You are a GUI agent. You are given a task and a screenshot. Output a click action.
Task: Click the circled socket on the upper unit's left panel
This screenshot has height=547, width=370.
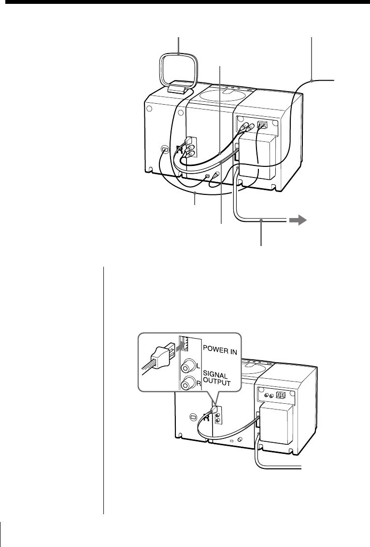[x=165, y=150]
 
